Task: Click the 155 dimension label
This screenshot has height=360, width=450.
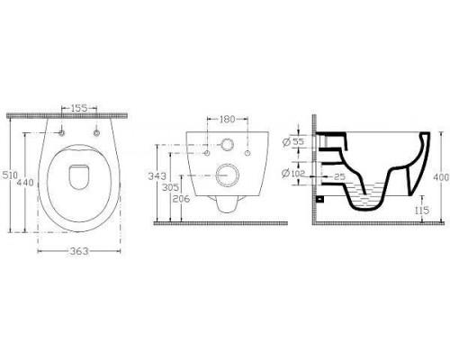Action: [x=79, y=108]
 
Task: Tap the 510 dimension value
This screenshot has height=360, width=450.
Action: [x=10, y=175]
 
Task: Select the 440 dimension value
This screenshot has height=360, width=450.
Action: [x=25, y=182]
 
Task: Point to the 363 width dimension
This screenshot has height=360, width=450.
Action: [x=79, y=251]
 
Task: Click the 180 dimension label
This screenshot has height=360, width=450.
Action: [x=228, y=119]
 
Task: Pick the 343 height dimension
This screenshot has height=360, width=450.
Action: [x=157, y=176]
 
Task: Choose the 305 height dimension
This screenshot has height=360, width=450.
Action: [x=170, y=187]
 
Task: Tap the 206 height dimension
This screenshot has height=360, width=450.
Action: [x=181, y=199]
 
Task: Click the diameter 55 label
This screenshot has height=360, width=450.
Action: [x=294, y=141]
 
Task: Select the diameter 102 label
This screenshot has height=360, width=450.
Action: [x=293, y=173]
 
